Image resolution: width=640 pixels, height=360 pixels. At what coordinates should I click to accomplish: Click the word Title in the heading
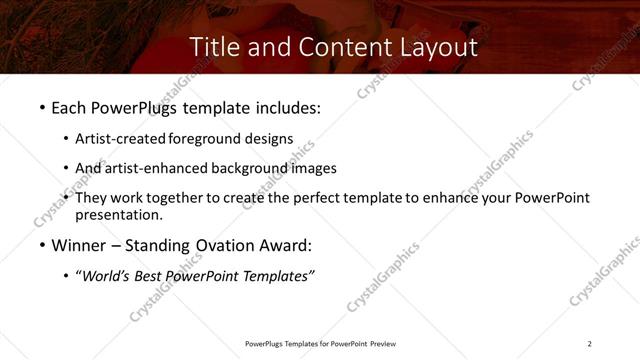[213, 47]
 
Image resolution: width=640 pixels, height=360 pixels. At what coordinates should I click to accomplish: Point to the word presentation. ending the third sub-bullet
[118, 215]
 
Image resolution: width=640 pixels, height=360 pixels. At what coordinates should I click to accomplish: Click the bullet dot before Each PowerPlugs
[41, 107]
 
